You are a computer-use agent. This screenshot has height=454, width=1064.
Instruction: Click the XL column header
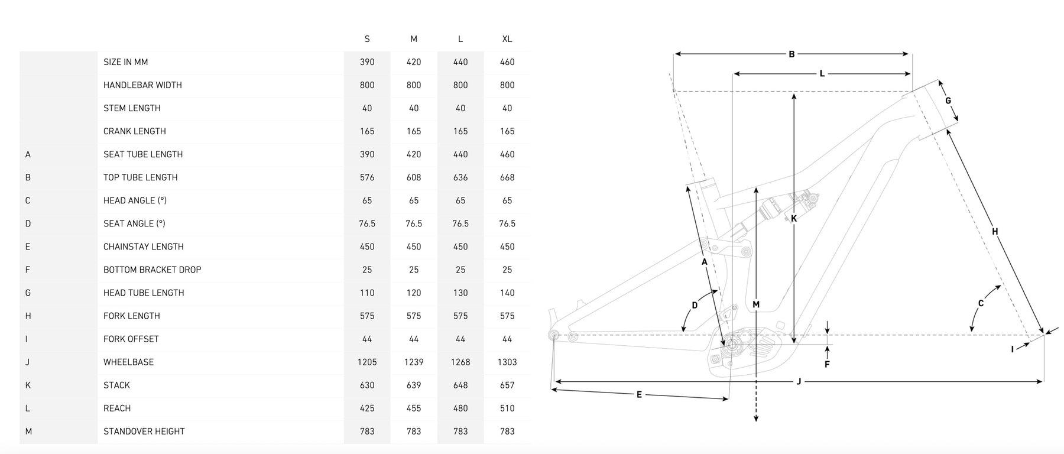[x=507, y=39]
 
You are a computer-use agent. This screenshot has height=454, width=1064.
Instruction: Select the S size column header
[x=367, y=39]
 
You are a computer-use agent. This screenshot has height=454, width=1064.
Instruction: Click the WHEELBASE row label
[x=128, y=362]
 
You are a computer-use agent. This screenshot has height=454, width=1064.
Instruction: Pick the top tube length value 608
[x=414, y=177]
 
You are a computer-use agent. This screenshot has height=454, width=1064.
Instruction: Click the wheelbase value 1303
[x=507, y=362]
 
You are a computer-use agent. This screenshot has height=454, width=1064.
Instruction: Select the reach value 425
[x=367, y=408]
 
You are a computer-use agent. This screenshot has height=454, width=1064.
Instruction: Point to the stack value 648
[x=460, y=385]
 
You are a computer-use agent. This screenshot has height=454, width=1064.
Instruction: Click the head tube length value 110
[x=367, y=293]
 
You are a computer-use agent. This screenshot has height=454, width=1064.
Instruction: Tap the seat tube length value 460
[x=507, y=154]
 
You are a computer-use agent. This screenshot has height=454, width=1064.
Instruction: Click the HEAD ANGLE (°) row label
[x=135, y=200]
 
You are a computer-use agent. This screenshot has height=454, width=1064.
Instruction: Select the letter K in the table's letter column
[x=28, y=385]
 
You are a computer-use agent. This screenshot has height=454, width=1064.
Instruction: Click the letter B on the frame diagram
[x=791, y=54]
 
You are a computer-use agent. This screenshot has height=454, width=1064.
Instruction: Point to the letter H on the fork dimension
[x=995, y=232]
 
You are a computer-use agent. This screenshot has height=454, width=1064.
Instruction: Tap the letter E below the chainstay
[x=639, y=394]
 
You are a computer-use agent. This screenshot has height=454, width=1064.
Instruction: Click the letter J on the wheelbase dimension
[x=799, y=382]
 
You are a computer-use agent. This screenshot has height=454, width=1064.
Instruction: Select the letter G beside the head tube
[x=948, y=100]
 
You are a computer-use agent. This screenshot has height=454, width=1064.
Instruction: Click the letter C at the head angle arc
[x=981, y=304]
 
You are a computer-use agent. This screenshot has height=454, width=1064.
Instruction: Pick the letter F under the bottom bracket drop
[x=827, y=365]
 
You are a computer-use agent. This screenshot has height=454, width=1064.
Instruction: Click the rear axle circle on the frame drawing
[x=554, y=335]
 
